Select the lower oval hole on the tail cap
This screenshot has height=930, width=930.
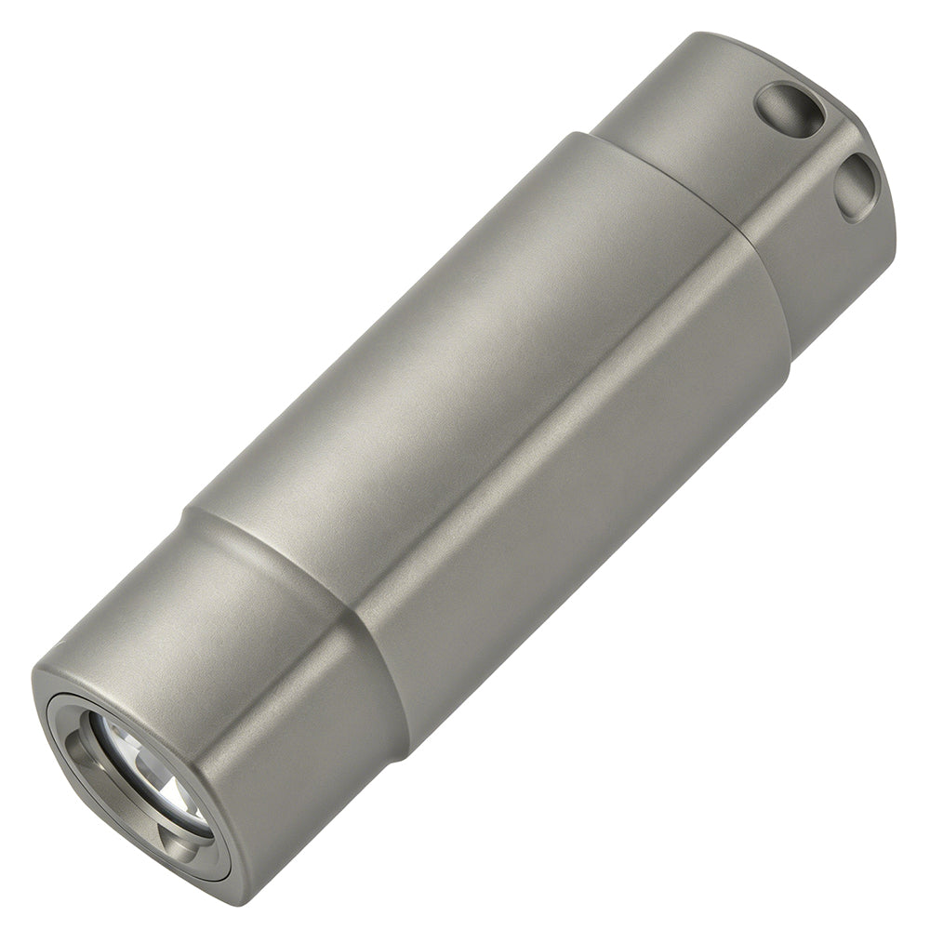pos(857,185)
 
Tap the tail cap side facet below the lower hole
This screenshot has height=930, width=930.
pos(828,279)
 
